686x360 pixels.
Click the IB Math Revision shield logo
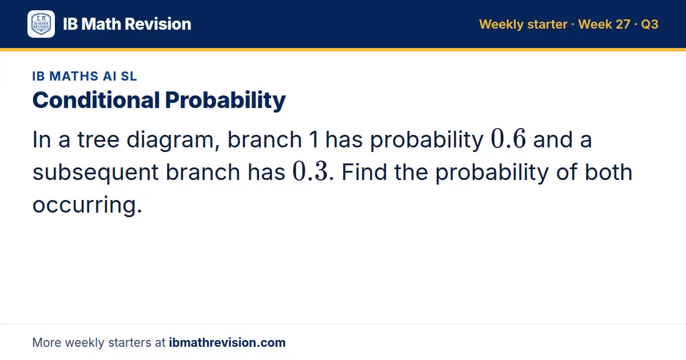point(41,24)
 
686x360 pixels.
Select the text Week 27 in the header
point(604,24)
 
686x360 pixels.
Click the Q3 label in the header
point(649,24)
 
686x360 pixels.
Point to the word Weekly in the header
point(501,24)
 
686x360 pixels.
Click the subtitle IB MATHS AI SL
point(85,76)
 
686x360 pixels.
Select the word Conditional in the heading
point(96,100)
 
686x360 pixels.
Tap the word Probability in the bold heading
point(225,101)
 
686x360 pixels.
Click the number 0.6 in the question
point(508,139)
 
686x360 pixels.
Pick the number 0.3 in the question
point(310,171)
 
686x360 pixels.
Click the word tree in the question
point(98,139)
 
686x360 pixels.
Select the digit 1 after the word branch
point(314,139)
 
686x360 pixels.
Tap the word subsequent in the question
point(95,173)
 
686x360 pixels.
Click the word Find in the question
point(364,172)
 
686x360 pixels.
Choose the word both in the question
point(608,172)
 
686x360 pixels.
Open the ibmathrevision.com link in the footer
point(228,342)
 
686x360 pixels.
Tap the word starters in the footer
point(130,342)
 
